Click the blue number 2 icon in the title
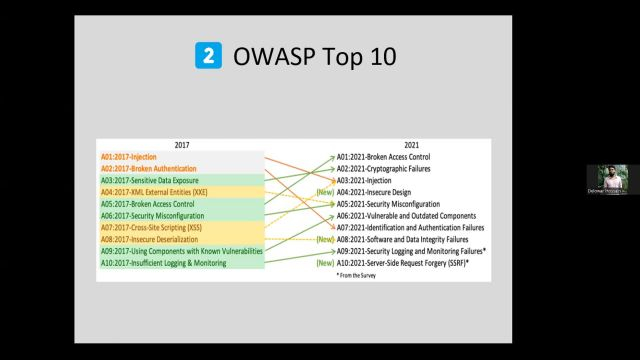[208, 56]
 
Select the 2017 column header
[181, 145]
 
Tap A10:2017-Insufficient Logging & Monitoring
[163, 263]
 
